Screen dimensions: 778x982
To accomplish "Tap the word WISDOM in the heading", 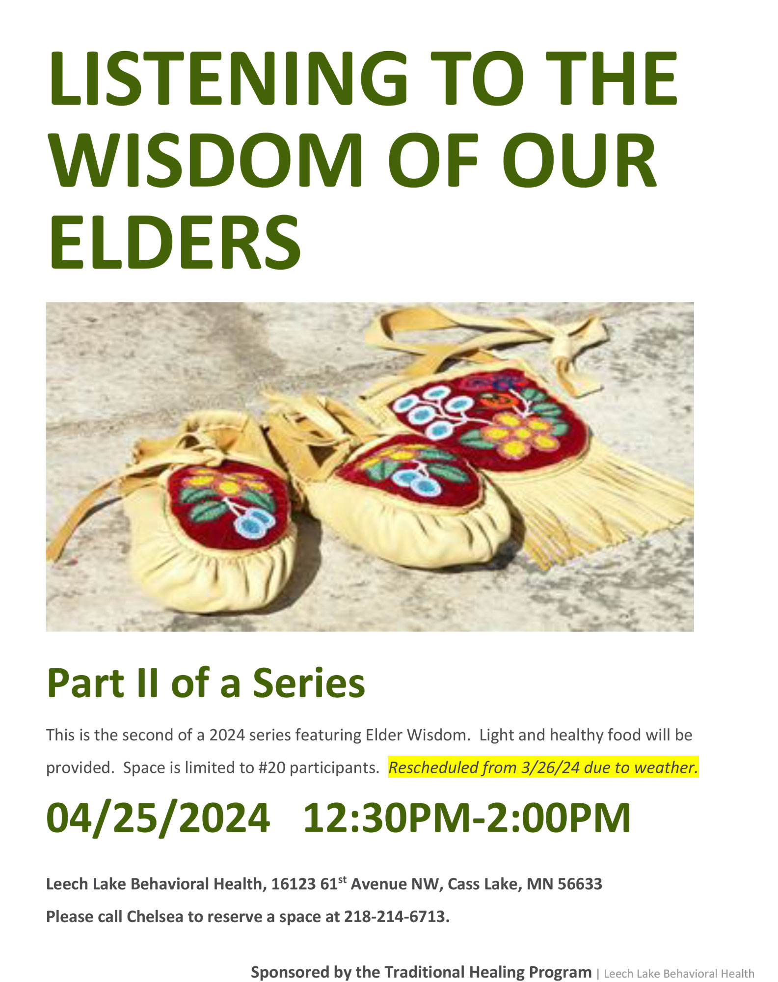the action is pyautogui.click(x=206, y=161).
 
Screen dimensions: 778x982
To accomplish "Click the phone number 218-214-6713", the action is pyautogui.click(x=397, y=917).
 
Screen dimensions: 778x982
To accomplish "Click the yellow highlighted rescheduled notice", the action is pyautogui.click(x=543, y=767).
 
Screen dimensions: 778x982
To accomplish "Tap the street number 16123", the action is pyautogui.click(x=293, y=884).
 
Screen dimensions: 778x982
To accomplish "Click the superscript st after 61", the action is pyautogui.click(x=342, y=879).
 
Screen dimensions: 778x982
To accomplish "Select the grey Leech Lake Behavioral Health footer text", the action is pyautogui.click(x=679, y=974).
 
